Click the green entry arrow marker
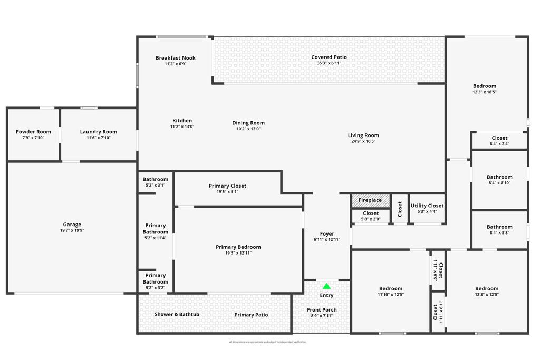pos(326,286)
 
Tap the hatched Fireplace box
pos(371,200)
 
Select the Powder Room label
pos(33,132)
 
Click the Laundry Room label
pos(99,132)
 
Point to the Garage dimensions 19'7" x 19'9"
pos(72,230)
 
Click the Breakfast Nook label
pos(175,58)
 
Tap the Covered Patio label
pos(329,57)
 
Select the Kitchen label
pos(182,121)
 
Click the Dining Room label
pos(248,123)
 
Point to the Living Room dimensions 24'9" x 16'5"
pos(363,141)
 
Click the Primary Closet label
pos(227,186)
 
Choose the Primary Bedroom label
pos(238,247)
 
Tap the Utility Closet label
pos(427,206)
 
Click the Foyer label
pos(327,233)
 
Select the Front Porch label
pos(322,310)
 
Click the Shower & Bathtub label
pos(177,314)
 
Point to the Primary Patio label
pos(251,315)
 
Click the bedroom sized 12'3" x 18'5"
pos(484,89)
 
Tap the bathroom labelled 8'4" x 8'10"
pos(499,180)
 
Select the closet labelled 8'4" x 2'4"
pos(499,141)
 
